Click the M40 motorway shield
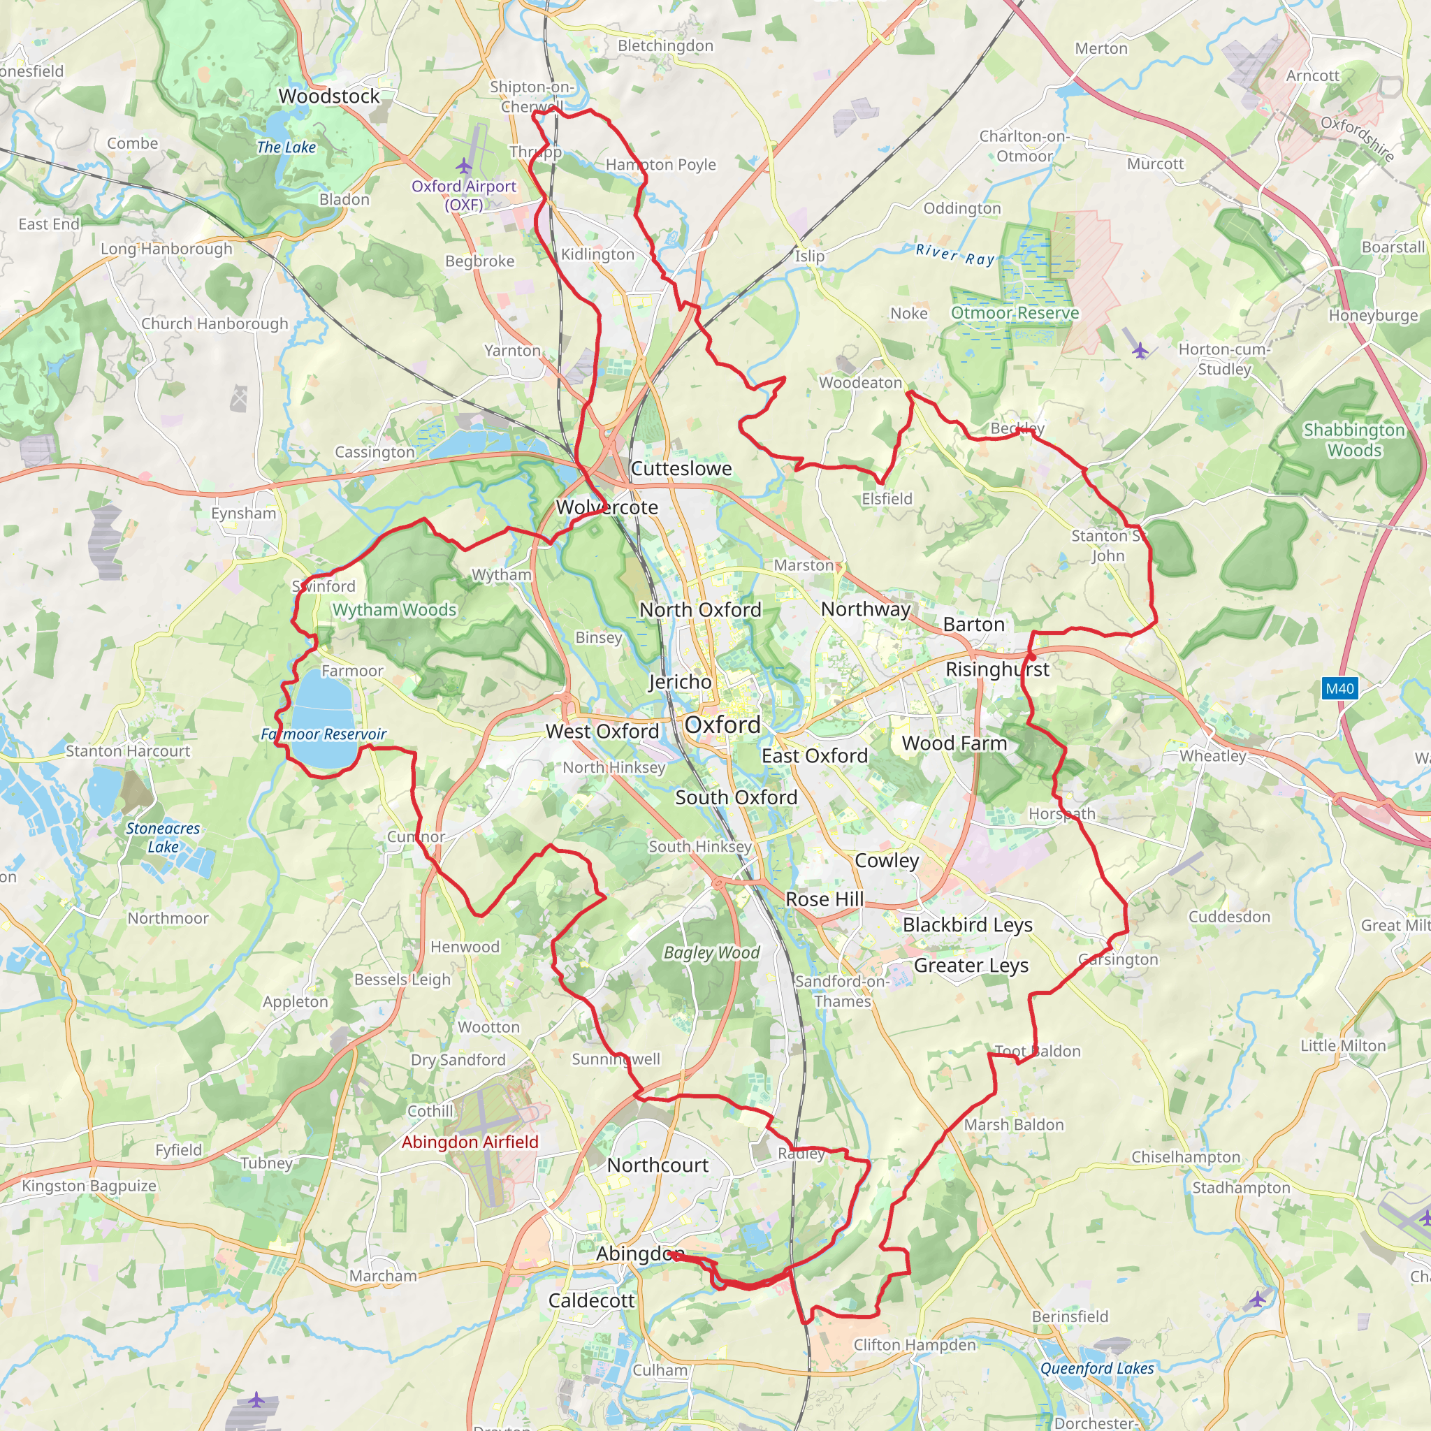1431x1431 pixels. pos(1339,689)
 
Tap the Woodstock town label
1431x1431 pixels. pos(329,96)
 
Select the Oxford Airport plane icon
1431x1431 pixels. pos(464,164)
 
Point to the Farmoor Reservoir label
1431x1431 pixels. pos(324,734)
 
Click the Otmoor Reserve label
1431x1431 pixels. pos(1015,312)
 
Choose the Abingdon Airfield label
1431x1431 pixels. pos(470,1142)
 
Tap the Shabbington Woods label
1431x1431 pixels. pos(1354,440)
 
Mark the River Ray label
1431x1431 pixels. pos(954,255)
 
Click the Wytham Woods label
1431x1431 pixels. pos(394,609)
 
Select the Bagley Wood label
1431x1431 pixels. pos(711,952)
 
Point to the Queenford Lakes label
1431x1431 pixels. pos(1097,1369)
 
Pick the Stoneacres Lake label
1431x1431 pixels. pos(163,837)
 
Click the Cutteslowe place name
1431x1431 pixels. pos(681,468)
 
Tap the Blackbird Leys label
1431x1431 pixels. pos(967,924)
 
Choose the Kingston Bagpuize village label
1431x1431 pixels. pos(89,1186)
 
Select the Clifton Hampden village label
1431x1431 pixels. pos(915,1345)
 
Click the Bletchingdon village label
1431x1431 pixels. pos(665,46)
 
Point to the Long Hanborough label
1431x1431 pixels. pos(167,249)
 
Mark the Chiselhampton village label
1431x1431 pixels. pos(1185,1157)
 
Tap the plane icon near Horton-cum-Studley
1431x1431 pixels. pos(1140,350)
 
